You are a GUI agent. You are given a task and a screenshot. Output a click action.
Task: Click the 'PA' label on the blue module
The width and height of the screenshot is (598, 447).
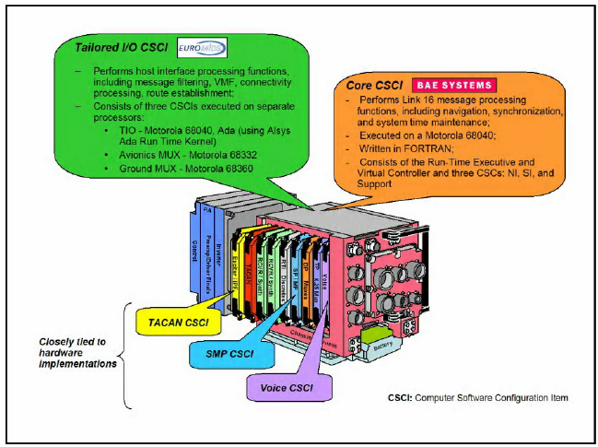(x=206, y=211)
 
